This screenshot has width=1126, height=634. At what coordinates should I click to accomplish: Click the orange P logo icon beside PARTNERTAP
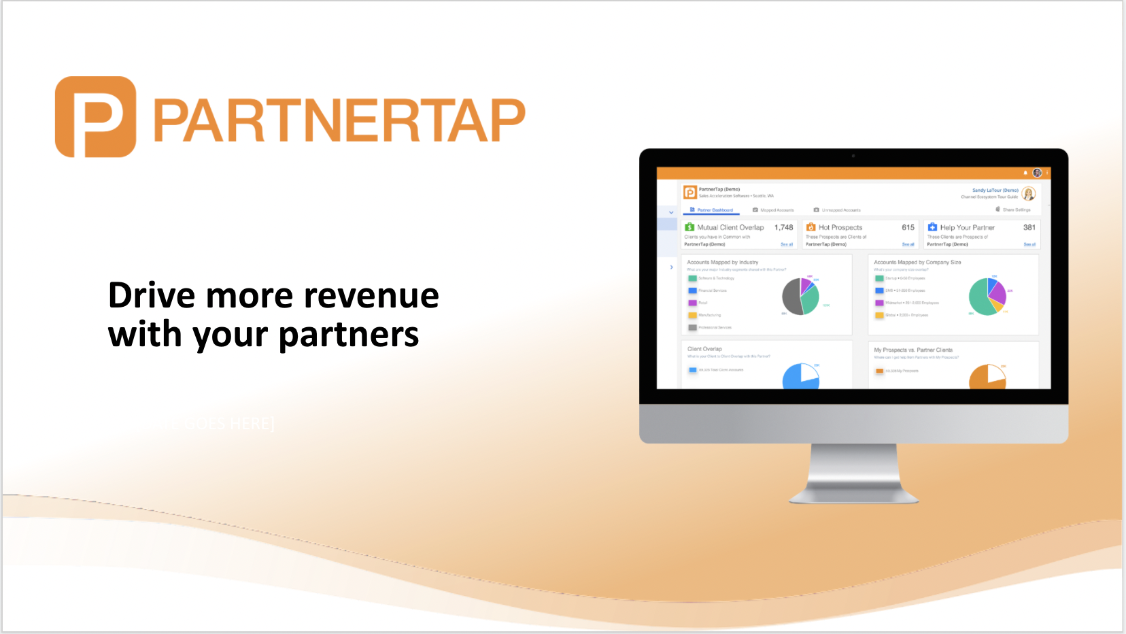tap(95, 117)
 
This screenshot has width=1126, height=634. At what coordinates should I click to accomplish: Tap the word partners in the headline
tap(349, 335)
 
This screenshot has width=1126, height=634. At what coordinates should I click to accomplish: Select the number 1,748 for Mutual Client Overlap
tap(783, 228)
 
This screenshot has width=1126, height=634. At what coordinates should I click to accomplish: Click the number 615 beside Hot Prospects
tap(908, 228)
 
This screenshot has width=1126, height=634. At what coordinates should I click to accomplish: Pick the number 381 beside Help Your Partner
tap(1029, 228)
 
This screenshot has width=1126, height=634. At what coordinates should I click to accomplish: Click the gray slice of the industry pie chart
tap(791, 297)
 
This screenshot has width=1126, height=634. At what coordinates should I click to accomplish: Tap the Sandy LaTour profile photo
tap(1029, 194)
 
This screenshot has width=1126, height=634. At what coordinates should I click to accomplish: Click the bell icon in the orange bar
tap(1025, 173)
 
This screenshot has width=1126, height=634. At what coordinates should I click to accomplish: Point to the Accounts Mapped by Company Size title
tap(917, 262)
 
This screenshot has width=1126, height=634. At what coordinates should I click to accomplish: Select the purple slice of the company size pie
tap(997, 292)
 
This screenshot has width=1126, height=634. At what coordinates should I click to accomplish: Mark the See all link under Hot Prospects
tap(908, 244)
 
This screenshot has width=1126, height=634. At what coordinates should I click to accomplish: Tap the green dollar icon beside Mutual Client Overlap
tap(689, 227)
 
